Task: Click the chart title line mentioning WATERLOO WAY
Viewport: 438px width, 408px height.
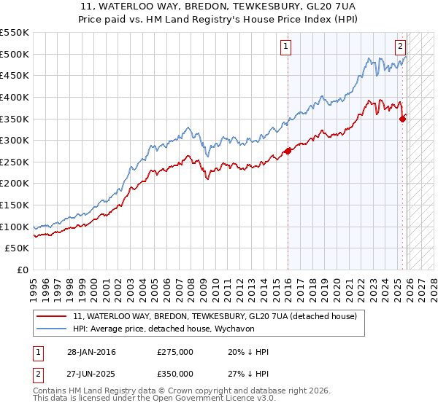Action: click(218, 6)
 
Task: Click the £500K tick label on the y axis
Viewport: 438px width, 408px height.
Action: click(15, 54)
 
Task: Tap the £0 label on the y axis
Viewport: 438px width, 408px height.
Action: click(23, 270)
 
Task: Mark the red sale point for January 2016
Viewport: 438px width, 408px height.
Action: click(288, 151)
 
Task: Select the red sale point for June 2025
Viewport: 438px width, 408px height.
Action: click(403, 119)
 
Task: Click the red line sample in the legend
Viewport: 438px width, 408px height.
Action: click(52, 317)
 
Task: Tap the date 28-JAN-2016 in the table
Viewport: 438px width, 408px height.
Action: click(91, 352)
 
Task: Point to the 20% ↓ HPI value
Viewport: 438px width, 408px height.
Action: click(248, 352)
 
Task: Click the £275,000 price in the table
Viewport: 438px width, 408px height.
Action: click(175, 352)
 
